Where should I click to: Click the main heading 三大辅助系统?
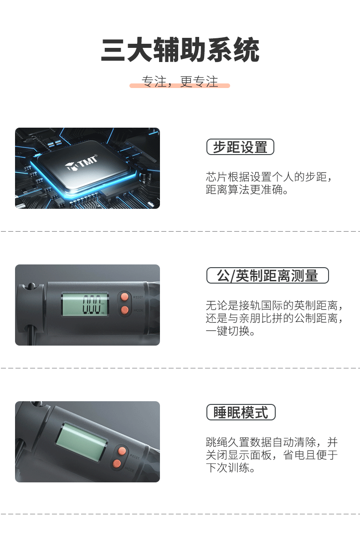point(180,50)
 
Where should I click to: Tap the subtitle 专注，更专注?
point(180,82)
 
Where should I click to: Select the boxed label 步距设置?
point(240,147)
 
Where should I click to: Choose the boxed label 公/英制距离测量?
point(267,275)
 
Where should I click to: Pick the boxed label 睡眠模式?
point(241,412)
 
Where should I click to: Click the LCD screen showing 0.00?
point(85,305)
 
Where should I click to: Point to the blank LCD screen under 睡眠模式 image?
point(81,442)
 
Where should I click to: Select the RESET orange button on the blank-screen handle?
point(122,451)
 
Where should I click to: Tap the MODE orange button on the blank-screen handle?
point(117,464)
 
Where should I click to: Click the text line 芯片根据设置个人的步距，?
point(269,177)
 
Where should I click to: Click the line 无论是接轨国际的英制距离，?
point(274,305)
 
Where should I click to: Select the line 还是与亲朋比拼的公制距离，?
point(274,318)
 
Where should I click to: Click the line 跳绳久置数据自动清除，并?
point(272,442)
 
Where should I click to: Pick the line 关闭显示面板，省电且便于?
point(272,455)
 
